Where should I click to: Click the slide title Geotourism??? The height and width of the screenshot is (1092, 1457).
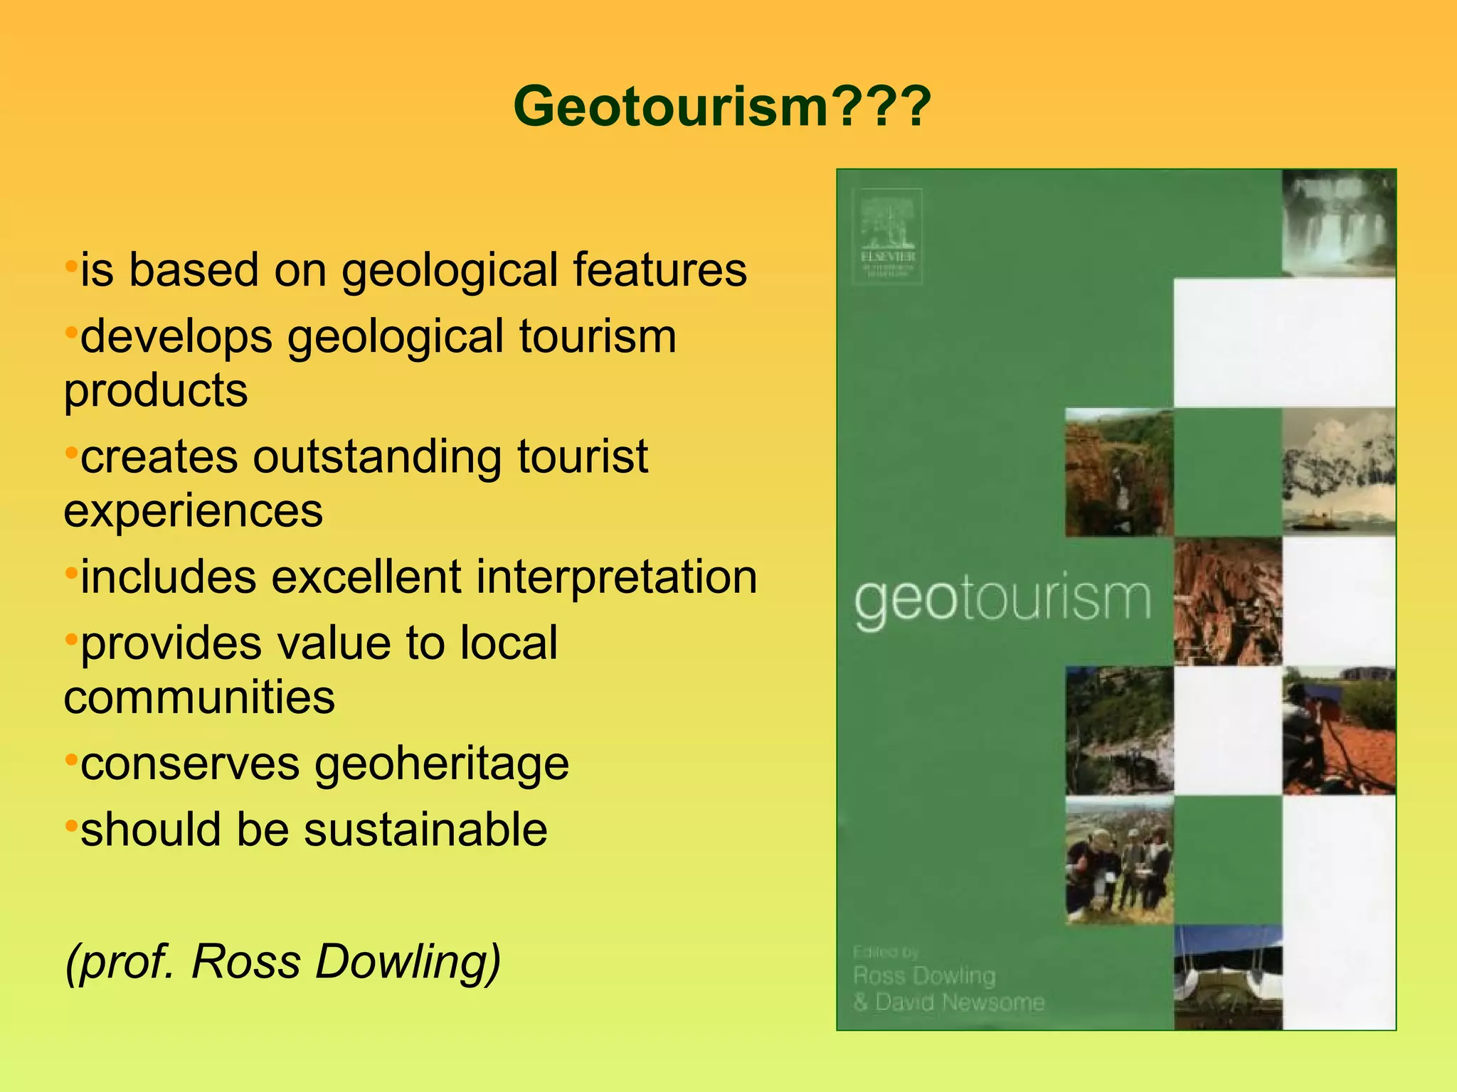click(x=721, y=107)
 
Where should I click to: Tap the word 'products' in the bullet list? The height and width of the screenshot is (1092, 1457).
click(x=156, y=390)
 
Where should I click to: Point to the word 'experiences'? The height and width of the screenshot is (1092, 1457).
click(x=193, y=510)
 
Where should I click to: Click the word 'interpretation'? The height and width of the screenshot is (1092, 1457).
click(x=616, y=577)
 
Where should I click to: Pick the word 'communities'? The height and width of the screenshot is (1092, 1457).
click(x=199, y=697)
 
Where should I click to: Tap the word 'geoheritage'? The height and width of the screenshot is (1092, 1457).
click(x=442, y=764)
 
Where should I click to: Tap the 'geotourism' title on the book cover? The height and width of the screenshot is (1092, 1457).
click(x=1002, y=601)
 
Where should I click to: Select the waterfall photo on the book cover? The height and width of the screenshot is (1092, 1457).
click(x=1338, y=223)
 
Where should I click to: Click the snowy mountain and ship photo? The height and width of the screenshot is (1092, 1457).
click(x=1338, y=471)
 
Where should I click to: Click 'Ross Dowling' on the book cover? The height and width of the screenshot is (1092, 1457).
click(x=924, y=976)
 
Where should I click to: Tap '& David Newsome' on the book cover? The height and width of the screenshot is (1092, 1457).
click(x=949, y=1002)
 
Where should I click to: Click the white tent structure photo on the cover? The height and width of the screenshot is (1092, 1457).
click(x=1227, y=978)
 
